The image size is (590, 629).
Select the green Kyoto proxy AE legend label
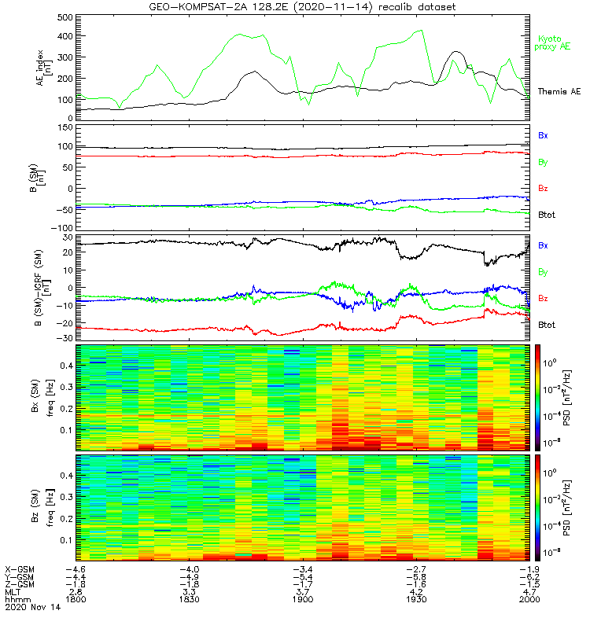point(554,43)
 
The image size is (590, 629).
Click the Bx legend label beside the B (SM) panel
point(543,135)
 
